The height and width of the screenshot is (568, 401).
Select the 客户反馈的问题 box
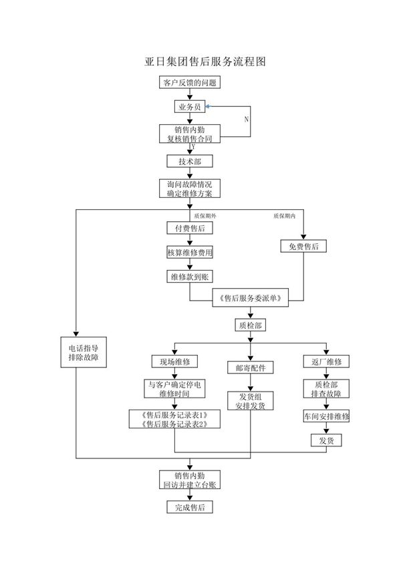pyautogui.click(x=189, y=83)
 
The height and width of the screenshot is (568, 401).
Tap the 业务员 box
pyautogui.click(x=189, y=106)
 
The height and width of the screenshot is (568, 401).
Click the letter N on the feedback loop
pyautogui.click(x=246, y=119)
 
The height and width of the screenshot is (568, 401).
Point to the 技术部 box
pyautogui.click(x=189, y=161)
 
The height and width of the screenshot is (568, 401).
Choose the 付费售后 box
pyautogui.click(x=189, y=229)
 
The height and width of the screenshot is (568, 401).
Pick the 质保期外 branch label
pyautogui.click(x=205, y=216)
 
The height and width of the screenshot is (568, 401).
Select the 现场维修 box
pyautogui.click(x=174, y=362)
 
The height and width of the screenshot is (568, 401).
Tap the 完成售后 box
pyautogui.click(x=189, y=508)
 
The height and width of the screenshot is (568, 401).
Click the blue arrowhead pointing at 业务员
pyautogui.click(x=208, y=106)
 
